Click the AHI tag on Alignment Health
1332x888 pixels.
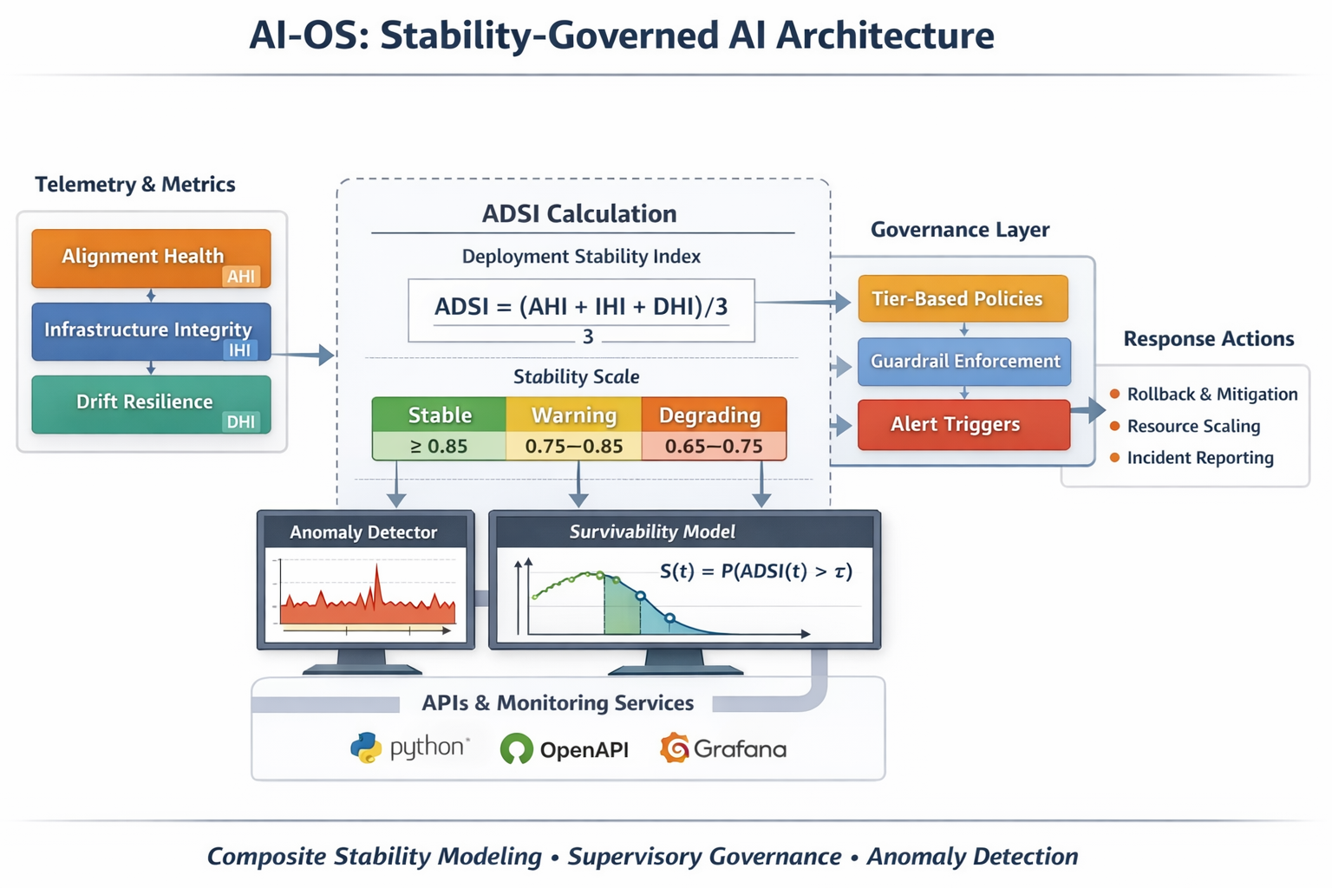[241, 277]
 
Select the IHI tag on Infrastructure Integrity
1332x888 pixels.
[239, 350]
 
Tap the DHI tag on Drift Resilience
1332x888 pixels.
[240, 422]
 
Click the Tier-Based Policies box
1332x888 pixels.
[963, 299]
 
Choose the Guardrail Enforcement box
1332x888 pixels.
[964, 362]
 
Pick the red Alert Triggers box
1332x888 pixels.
[963, 425]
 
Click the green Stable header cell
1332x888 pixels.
[440, 415]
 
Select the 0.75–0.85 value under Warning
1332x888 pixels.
[574, 447]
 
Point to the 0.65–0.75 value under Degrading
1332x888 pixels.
[713, 447]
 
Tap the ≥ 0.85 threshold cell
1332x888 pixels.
[439, 447]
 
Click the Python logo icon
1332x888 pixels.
[366, 748]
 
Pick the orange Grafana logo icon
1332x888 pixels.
[675, 748]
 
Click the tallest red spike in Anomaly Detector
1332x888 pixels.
[377, 577]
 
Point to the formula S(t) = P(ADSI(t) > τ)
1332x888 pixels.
[756, 571]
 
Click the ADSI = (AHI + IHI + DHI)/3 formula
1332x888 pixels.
[581, 307]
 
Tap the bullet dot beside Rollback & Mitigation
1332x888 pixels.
[1114, 395]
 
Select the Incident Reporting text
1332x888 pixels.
[1200, 458]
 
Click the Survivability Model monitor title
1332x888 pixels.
[652, 532]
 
